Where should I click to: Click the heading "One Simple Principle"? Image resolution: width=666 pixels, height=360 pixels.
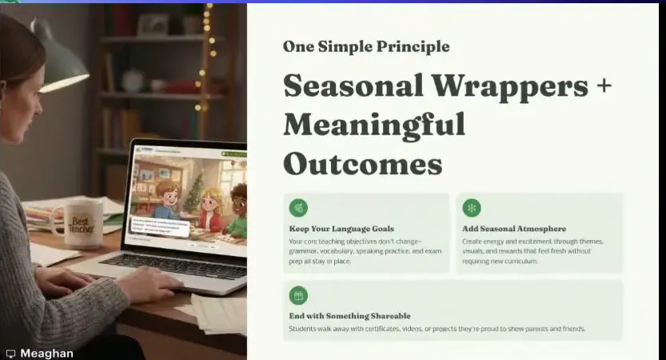pos(365,46)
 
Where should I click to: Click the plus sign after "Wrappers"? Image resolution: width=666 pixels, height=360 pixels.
pos(604,86)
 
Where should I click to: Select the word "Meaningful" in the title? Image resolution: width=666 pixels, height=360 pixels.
pos(374,124)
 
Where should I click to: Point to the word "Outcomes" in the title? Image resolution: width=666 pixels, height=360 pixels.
pos(362,163)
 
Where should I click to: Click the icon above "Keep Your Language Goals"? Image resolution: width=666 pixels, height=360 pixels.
pos(298,208)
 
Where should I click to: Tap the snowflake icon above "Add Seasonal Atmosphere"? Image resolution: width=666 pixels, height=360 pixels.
pos(472,208)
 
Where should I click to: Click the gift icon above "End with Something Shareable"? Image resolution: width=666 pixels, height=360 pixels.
pos(298,296)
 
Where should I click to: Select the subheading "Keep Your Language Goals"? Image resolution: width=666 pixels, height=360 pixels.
pos(341,229)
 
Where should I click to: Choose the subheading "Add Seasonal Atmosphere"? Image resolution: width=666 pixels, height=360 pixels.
pos(514,229)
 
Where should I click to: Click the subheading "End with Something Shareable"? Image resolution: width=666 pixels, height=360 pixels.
pos(349,316)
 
